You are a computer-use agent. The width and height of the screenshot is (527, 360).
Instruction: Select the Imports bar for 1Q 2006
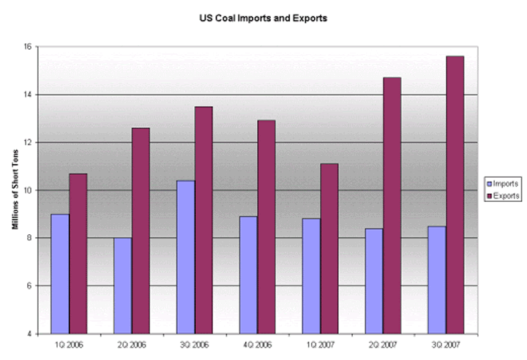pyautogui.click(x=60, y=274)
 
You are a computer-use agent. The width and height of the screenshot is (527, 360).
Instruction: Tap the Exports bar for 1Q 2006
pyautogui.click(x=78, y=253)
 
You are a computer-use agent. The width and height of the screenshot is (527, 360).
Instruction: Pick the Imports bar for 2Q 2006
pyautogui.click(x=123, y=285)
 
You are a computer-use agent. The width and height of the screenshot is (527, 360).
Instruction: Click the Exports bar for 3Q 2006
pyautogui.click(x=203, y=220)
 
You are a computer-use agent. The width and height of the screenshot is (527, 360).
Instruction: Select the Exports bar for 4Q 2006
pyautogui.click(x=266, y=227)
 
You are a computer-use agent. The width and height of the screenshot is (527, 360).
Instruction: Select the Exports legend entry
pyautogui.click(x=503, y=195)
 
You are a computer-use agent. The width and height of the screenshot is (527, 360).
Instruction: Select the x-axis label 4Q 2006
pyautogui.click(x=258, y=344)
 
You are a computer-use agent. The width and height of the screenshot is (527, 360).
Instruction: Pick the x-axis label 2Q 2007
pyautogui.click(x=383, y=344)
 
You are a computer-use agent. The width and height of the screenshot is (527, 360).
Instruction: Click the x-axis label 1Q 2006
pyautogui.click(x=70, y=344)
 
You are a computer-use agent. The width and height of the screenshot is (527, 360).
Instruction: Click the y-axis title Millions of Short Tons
pyautogui.click(x=15, y=190)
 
